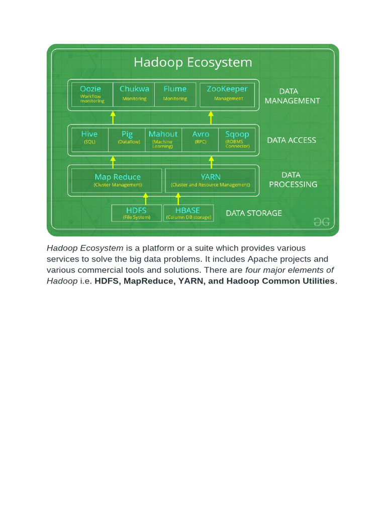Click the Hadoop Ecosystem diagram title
192,63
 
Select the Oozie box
92,94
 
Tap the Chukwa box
134,94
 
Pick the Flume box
175,94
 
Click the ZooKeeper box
227,94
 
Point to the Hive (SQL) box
89,139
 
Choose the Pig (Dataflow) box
127,139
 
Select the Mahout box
163,139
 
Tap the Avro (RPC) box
201,139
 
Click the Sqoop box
237,139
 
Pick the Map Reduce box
117,180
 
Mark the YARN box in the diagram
210,180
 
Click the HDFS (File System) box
136,213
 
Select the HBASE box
188,213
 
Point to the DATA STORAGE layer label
254,213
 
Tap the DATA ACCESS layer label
292,140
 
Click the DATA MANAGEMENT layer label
292,96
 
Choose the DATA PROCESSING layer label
293,180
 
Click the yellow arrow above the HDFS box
146,198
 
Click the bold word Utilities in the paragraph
314,281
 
